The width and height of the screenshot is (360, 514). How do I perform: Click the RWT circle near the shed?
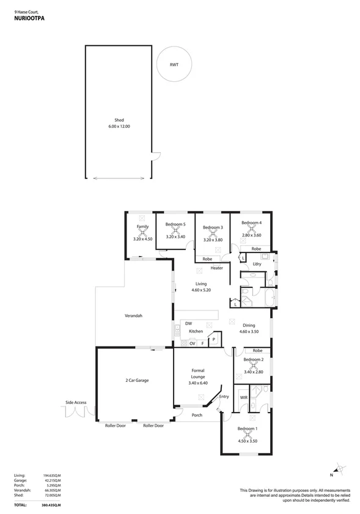point(174,65)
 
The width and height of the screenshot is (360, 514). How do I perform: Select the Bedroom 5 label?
point(175,224)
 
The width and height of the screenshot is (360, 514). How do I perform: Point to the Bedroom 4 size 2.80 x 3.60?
point(251,235)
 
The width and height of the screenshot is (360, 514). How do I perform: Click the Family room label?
point(142,227)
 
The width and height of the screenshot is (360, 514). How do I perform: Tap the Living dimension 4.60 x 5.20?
point(201,291)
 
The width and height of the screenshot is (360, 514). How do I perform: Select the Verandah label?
point(134,315)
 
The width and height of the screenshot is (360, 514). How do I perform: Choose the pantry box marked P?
point(215,340)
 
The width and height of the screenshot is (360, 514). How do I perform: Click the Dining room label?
point(249,325)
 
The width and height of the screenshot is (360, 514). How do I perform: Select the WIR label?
point(243,397)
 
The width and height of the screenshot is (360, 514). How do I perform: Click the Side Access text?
point(76,403)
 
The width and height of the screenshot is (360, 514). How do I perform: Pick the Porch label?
point(197,415)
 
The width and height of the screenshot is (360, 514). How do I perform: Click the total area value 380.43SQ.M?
point(53,505)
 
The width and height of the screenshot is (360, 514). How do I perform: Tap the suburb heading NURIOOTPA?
point(29,19)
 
